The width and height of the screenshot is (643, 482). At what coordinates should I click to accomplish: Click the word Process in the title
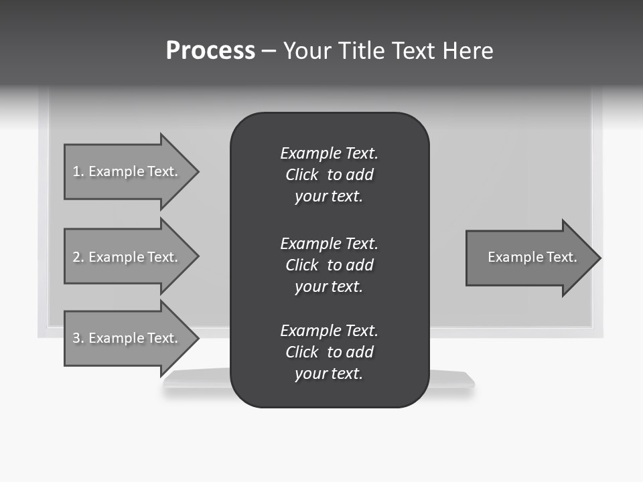click(210, 51)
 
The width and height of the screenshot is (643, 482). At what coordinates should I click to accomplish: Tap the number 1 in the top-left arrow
click(76, 171)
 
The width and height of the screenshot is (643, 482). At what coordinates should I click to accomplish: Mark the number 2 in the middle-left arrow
click(76, 257)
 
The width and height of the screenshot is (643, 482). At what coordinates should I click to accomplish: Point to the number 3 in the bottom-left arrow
click(76, 338)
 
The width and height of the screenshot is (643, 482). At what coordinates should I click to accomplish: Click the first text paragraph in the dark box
click(329, 175)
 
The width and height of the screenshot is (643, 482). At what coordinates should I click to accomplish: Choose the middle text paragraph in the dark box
click(329, 265)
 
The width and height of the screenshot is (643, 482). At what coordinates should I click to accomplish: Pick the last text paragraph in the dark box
click(329, 352)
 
